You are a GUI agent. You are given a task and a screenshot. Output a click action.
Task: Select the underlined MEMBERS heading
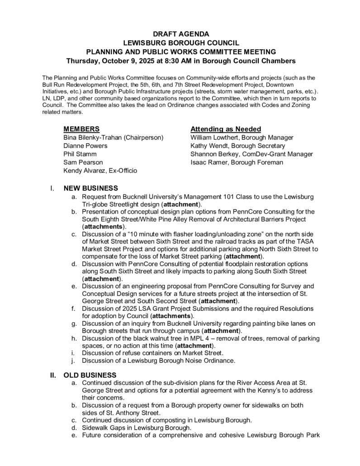click(81, 129)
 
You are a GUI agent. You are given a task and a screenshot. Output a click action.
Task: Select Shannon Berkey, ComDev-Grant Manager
click(251, 154)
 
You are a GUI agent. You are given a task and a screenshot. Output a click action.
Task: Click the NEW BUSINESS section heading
click(90, 188)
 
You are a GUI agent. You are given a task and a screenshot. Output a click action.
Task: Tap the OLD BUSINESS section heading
click(90, 375)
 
